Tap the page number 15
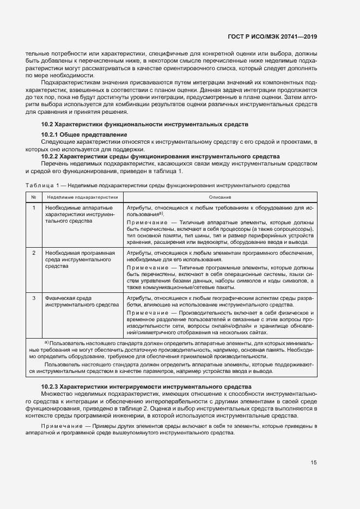[314, 463]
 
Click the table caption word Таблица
[38, 185]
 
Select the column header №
[34, 197]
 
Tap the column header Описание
[219, 197]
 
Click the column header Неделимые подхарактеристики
[82, 197]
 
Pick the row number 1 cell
[34, 208]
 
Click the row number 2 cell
[34, 253]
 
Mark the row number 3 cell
[34, 298]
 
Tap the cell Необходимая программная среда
[80, 260]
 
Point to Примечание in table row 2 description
[146, 268]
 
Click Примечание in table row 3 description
[146, 313]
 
